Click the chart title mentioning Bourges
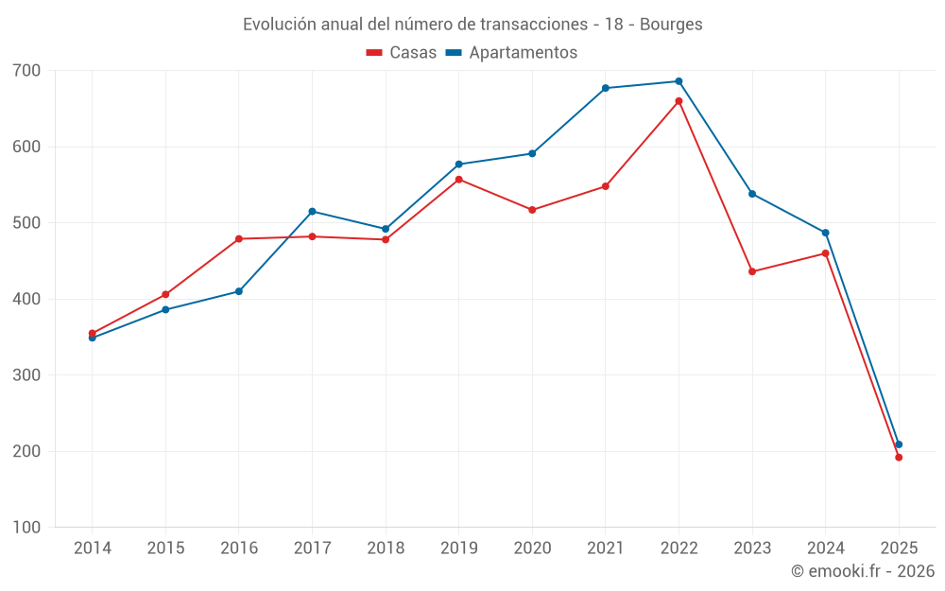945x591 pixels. tap(472, 25)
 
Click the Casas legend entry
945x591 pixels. tap(402, 53)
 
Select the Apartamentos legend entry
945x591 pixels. tap(511, 53)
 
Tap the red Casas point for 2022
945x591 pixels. tap(679, 101)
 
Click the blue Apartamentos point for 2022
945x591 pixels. tap(679, 81)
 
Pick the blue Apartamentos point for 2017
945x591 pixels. tap(312, 211)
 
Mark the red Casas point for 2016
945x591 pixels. tap(239, 239)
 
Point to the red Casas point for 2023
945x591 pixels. tap(752, 271)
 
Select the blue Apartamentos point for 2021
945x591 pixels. tap(606, 88)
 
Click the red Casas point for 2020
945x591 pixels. tap(532, 210)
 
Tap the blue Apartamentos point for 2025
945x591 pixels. tap(899, 444)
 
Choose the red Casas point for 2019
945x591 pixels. tap(458, 180)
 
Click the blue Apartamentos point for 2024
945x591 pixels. tap(825, 233)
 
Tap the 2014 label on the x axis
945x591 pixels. tap(92, 548)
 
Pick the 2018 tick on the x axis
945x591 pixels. tap(386, 548)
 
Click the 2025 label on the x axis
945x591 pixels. tap(899, 548)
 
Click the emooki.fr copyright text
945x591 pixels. tap(862, 571)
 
